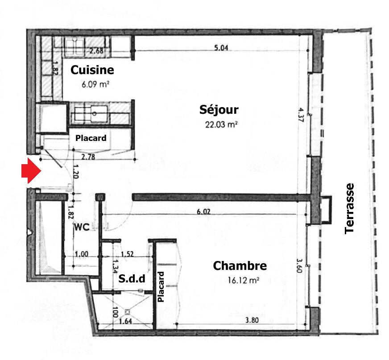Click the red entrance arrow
31,171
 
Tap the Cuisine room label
92,70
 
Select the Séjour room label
219,110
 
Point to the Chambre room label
240,266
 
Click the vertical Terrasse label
349,209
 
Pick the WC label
82,227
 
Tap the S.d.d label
132,279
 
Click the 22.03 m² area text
221,124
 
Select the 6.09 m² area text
95,84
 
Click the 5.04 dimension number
221,47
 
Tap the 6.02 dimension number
203,211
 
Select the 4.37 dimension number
301,115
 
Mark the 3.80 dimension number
252,320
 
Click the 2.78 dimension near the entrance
88,157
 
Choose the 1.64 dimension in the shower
125,322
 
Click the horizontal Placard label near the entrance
91,138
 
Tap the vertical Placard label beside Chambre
161,287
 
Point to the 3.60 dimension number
299,266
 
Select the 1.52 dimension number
127,254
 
